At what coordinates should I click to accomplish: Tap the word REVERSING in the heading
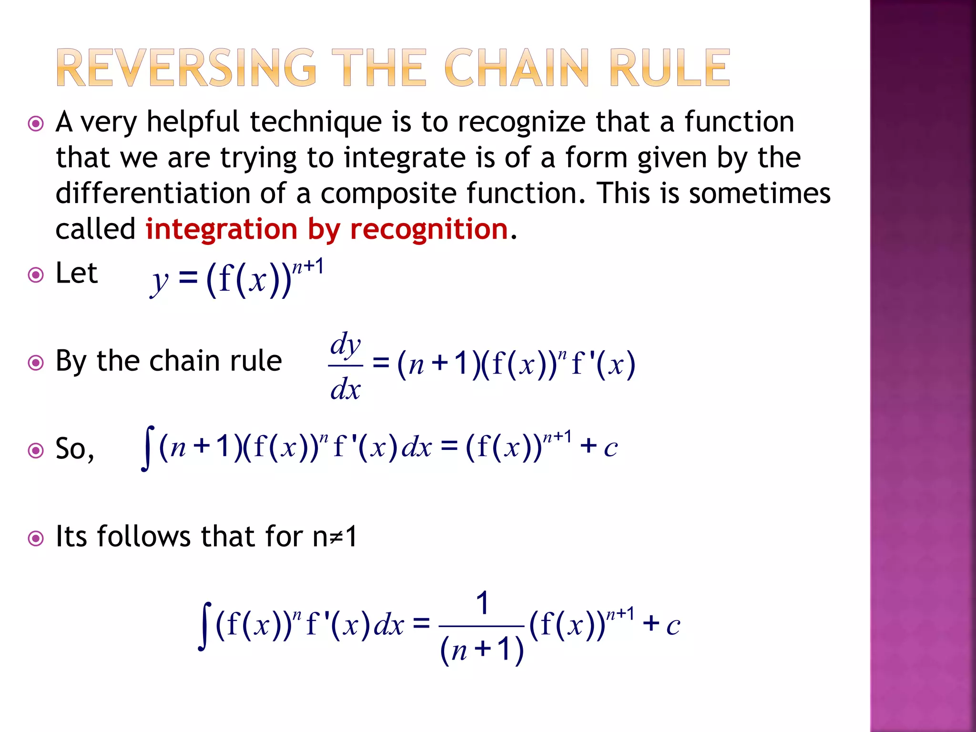[186, 68]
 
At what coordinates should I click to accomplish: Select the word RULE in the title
[669, 68]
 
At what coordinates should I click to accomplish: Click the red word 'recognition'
[429, 230]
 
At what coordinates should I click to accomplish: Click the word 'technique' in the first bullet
[315, 122]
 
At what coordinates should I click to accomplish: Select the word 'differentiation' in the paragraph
[153, 193]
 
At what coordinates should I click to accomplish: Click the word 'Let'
[76, 274]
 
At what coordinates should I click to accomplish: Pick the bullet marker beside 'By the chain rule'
[36, 363]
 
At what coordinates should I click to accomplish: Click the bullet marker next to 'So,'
[36, 450]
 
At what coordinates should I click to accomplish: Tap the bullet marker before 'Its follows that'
[36, 539]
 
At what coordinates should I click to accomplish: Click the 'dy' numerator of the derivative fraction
[346, 345]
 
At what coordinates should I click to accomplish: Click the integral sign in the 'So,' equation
[149, 448]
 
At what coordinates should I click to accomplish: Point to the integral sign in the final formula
[205, 626]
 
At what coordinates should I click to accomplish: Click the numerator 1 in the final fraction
[482, 603]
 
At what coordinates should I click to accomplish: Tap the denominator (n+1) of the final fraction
[482, 650]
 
